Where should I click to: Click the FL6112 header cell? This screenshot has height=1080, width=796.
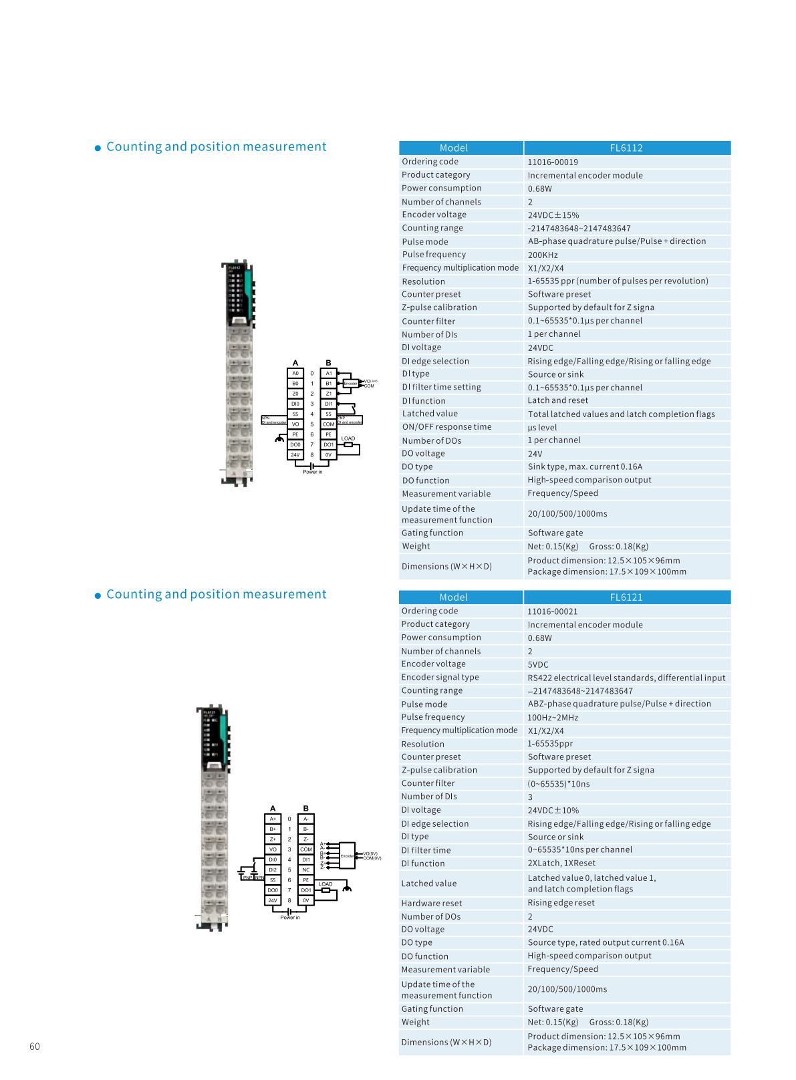click(x=626, y=148)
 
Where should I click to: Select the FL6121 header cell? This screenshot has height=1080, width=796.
click(x=626, y=597)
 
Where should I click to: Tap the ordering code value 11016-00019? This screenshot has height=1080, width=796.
click(x=553, y=162)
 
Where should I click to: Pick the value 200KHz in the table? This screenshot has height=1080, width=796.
click(x=543, y=255)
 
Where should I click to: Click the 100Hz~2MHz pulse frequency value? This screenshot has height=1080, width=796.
click(x=553, y=717)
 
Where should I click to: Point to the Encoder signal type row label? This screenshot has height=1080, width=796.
click(x=440, y=677)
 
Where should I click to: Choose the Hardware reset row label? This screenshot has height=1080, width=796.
click(x=431, y=903)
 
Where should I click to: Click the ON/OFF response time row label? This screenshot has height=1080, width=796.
click(x=446, y=427)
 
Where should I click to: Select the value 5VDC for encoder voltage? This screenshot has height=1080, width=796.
click(x=538, y=664)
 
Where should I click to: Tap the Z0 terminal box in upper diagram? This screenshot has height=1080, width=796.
click(x=295, y=394)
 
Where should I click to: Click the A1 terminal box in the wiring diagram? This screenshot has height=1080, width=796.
click(x=329, y=374)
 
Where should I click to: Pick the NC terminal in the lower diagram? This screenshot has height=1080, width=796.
click(x=305, y=869)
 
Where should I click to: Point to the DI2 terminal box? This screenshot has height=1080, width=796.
click(x=273, y=869)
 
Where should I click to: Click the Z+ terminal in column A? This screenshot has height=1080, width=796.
click(x=273, y=839)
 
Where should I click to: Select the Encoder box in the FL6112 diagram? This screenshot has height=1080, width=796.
click(x=350, y=384)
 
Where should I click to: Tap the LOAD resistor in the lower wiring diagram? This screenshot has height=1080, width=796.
click(x=325, y=890)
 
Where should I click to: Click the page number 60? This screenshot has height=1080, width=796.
click(x=35, y=1047)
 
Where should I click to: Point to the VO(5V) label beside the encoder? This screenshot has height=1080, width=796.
click(x=370, y=853)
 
